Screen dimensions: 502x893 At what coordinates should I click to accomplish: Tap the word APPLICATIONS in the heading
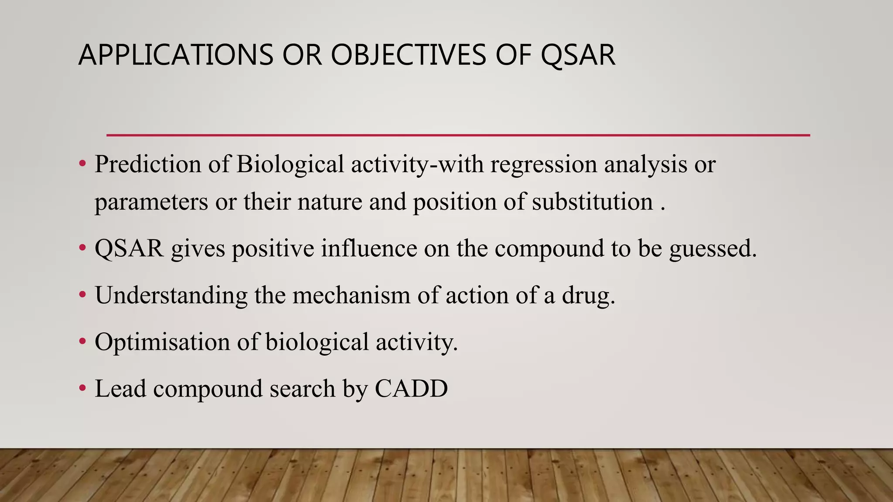175,55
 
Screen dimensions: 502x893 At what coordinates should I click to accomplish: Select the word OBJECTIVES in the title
408,55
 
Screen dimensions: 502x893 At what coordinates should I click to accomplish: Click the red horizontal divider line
458,135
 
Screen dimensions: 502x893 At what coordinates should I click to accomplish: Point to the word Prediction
147,164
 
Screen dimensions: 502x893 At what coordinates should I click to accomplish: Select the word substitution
592,202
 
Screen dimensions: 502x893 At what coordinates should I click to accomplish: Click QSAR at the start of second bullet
129,248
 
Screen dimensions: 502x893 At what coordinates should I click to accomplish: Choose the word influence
369,248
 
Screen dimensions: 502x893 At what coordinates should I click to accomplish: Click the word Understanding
171,295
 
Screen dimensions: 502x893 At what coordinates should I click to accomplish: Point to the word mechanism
351,295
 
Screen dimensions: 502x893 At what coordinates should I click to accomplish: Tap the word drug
588,296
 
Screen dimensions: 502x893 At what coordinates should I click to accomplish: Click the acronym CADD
411,388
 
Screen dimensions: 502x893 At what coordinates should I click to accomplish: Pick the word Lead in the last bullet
120,388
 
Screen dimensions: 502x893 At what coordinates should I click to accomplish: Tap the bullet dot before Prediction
82,164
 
